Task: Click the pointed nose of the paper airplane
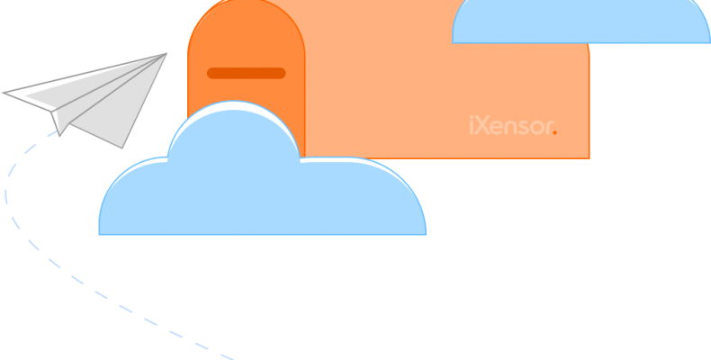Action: (x=166, y=53)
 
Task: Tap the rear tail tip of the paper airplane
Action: (x=4, y=93)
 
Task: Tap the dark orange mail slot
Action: (x=246, y=73)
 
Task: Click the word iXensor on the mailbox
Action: (x=510, y=127)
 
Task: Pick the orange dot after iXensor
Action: (x=555, y=131)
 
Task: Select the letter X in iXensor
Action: (x=482, y=127)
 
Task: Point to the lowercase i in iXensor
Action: (x=472, y=127)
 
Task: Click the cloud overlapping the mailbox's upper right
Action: (x=580, y=22)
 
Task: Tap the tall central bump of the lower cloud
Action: (x=234, y=135)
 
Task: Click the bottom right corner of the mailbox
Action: (x=588, y=157)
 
